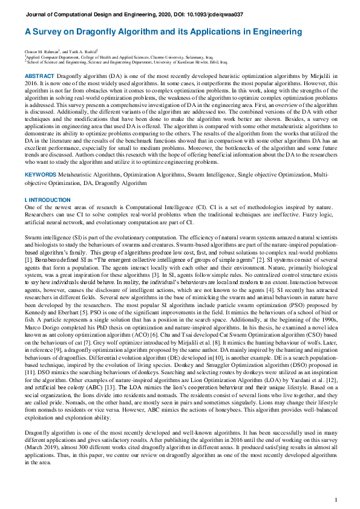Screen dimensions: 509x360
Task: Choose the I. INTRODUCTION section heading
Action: tap(48, 200)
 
